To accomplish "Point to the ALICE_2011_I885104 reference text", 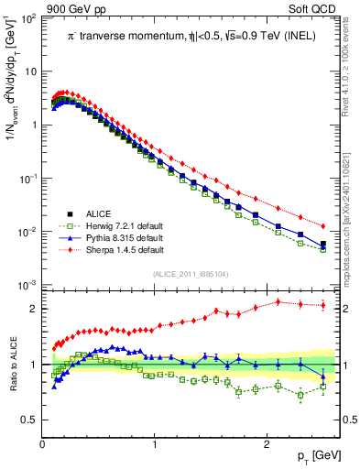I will (x=190, y=273).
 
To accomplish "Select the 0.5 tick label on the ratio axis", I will (x=29, y=420).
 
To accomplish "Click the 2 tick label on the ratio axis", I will (x=34, y=309).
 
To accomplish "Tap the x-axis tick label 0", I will (x=42, y=444).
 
